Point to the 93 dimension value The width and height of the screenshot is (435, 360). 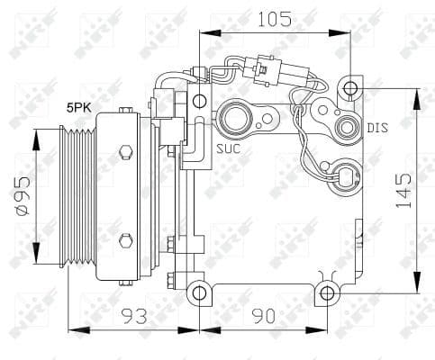133,316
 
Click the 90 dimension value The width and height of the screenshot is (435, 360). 262,316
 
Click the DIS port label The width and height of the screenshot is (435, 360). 378,127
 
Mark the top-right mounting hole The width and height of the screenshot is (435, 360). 350,88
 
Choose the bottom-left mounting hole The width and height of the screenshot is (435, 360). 198,292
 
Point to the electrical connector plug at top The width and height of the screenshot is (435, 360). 262,69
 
